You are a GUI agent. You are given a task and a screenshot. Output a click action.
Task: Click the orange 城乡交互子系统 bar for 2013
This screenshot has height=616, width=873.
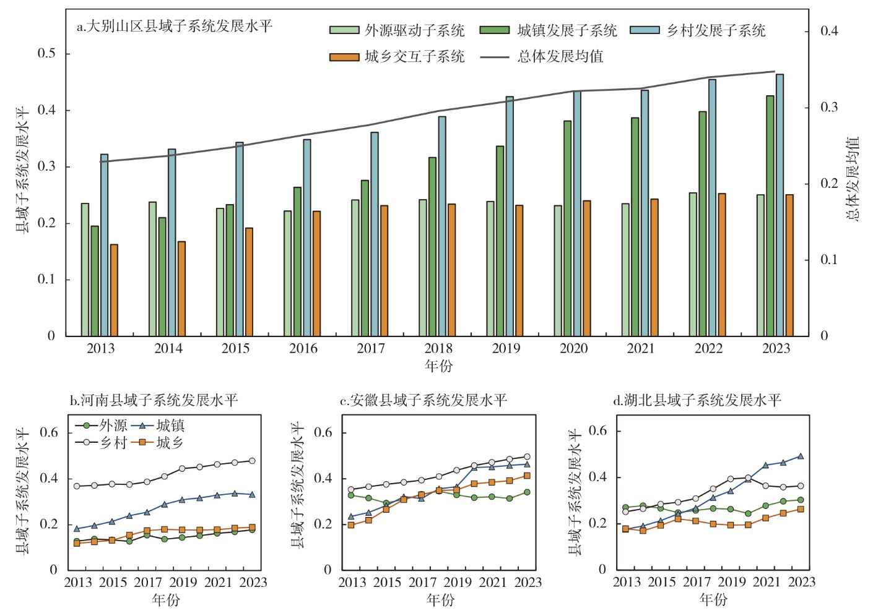click(x=114, y=290)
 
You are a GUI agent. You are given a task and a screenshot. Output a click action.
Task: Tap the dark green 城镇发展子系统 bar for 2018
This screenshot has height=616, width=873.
click(x=432, y=247)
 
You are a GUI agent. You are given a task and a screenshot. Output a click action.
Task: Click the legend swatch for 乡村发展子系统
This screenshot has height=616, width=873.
click(x=645, y=30)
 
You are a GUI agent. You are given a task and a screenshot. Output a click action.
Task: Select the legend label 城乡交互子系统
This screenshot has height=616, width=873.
click(x=414, y=57)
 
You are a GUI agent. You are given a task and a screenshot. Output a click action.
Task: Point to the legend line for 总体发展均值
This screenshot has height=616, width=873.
click(x=494, y=57)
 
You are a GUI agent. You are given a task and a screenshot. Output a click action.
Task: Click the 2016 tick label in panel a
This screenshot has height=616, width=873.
click(x=303, y=349)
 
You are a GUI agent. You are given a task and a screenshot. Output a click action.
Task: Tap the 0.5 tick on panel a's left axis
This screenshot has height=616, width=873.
click(x=46, y=54)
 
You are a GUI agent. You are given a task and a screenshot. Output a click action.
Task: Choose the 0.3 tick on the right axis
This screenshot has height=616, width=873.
click(x=829, y=108)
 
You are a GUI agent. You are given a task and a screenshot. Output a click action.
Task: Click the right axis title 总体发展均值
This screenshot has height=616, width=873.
click(x=853, y=179)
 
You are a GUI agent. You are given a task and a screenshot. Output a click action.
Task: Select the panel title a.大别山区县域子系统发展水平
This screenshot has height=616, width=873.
click(x=174, y=27)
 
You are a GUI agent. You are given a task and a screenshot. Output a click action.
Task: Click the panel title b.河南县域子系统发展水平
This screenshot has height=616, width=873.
click(x=154, y=400)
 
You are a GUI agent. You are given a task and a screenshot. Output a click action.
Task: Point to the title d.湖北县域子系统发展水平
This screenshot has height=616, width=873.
click(x=697, y=400)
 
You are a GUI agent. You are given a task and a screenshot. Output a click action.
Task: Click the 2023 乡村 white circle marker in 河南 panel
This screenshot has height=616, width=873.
click(x=252, y=461)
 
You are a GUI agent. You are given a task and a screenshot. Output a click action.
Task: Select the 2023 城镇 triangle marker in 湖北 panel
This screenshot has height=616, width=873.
click(x=801, y=456)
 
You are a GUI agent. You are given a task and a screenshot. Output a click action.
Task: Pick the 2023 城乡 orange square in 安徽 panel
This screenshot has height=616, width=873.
click(x=527, y=476)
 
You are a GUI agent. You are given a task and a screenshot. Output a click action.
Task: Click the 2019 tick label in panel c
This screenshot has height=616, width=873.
click(x=458, y=583)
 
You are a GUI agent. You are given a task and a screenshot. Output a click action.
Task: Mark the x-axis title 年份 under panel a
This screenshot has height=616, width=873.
click(x=438, y=366)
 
